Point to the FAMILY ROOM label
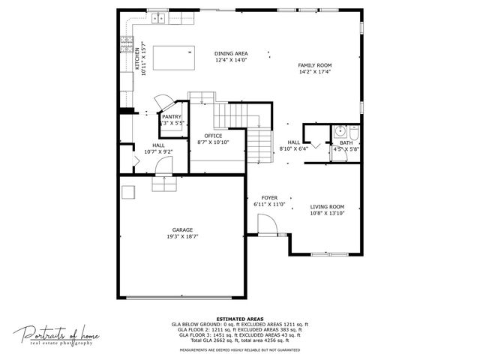pyautogui.click(x=315, y=65)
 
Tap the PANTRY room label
pyautogui.click(x=172, y=116)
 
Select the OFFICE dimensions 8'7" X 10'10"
pyautogui.click(x=213, y=142)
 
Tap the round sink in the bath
pyautogui.click(x=338, y=130)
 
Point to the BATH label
pyautogui.click(x=346, y=142)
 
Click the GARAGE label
pyautogui.click(x=182, y=229)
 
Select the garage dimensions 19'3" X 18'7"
pyautogui.click(x=182, y=236)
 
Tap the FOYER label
pyautogui.click(x=269, y=198)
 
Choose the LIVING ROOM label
pyautogui.click(x=327, y=207)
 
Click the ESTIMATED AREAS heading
pyautogui.click(x=240, y=319)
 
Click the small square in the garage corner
pyautogui.click(x=128, y=193)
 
